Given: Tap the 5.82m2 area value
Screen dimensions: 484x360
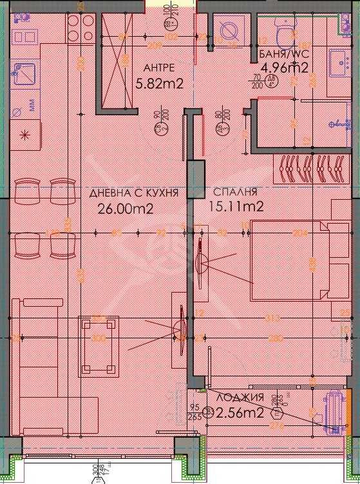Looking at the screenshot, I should pos(160,82).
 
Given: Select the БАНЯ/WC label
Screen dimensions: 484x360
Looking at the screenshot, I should pos(283,54).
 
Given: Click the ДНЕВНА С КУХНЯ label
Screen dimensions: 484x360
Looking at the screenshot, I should pos(133,192).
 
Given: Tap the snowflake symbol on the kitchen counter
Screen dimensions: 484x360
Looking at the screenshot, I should pos(24,135).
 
